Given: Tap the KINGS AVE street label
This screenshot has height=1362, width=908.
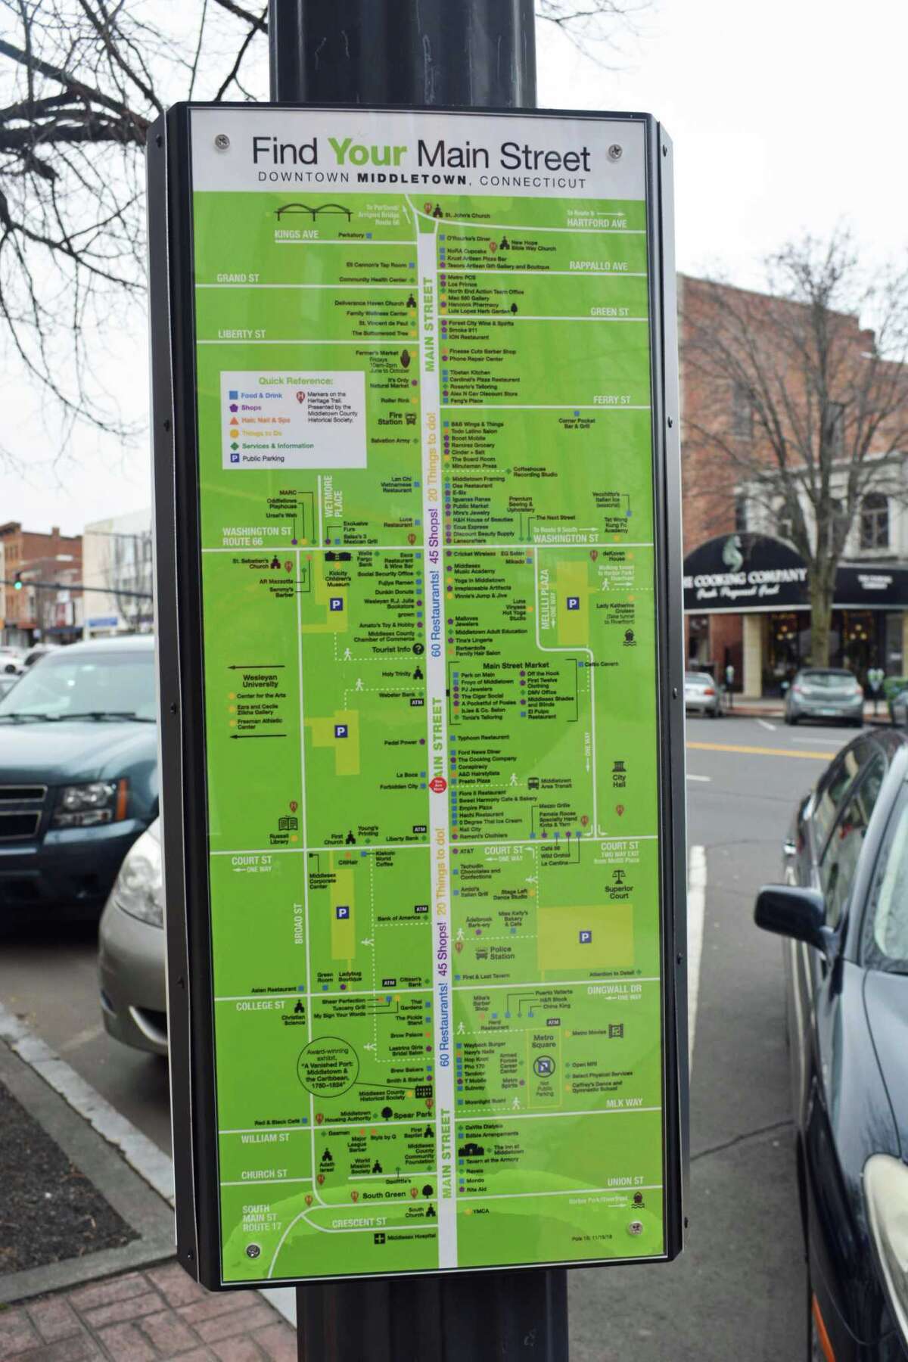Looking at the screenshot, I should [296, 235].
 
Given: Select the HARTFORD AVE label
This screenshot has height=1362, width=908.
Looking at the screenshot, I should [598, 223].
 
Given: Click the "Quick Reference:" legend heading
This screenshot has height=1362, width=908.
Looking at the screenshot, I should [295, 381].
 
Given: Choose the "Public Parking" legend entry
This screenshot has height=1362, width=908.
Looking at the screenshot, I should [263, 459].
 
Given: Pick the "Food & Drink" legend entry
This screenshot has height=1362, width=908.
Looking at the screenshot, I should [260, 396].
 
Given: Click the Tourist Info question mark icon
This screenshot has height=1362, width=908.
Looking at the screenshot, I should [418, 648].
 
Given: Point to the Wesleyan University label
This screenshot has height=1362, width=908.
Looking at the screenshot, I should [257, 681].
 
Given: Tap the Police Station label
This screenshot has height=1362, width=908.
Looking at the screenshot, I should [501, 953].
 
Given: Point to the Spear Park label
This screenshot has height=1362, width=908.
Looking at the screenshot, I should [412, 1115].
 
